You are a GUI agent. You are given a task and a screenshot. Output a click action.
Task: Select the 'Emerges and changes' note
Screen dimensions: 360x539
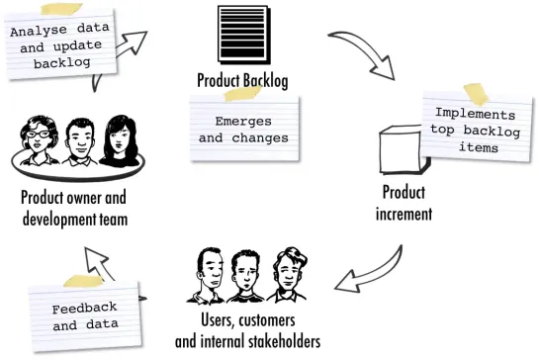pyautogui.click(x=243, y=130)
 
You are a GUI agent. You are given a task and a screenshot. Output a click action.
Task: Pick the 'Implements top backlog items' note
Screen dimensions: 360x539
pyautogui.click(x=478, y=130)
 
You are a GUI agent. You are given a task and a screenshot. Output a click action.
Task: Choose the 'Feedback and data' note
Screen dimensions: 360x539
pyautogui.click(x=85, y=315)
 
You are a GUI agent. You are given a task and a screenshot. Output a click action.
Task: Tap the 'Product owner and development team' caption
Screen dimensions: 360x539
pyautogui.click(x=75, y=207)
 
